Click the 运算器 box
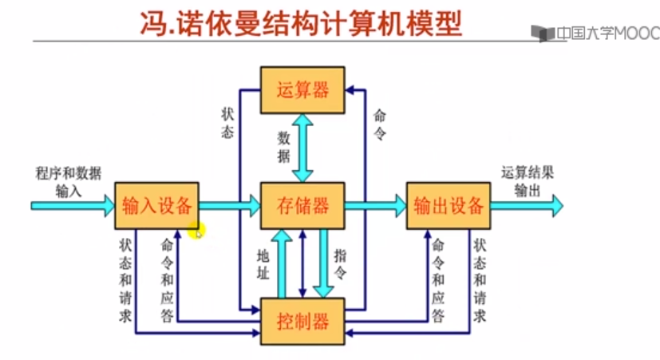[x=302, y=89]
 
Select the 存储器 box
[x=302, y=205]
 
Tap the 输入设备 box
[x=157, y=205]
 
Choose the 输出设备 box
[x=449, y=205]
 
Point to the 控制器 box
[x=302, y=322]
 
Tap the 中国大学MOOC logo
[x=595, y=34]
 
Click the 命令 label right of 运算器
[x=379, y=125]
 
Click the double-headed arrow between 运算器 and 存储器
[x=302, y=147]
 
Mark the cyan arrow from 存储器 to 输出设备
[x=374, y=206]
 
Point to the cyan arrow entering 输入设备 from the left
[x=72, y=206]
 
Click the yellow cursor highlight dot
[x=196, y=231]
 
